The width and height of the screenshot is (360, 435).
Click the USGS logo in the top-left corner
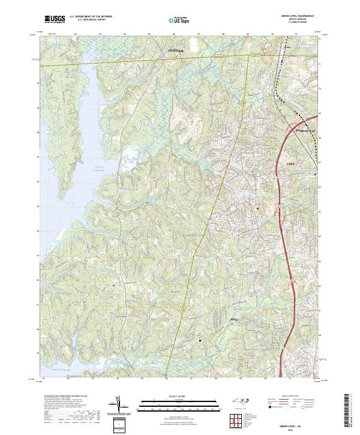coord(54,19)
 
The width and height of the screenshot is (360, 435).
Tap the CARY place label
coord(291,163)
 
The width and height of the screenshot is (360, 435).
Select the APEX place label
coord(235,320)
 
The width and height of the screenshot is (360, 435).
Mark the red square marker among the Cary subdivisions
coord(258,208)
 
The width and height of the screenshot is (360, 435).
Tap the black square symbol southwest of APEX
coord(200,338)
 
